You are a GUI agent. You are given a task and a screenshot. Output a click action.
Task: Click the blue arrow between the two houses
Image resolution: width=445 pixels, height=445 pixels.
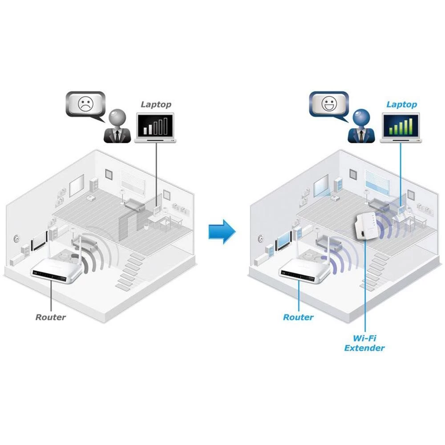pyautogui.click(x=222, y=231)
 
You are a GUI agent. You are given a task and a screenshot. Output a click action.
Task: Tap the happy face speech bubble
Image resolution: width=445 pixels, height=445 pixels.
pyautogui.click(x=330, y=105)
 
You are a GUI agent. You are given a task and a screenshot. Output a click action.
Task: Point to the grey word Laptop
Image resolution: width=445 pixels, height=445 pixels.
pyautogui.click(x=156, y=105)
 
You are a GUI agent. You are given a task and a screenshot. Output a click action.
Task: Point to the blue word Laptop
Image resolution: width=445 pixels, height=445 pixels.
pyautogui.click(x=401, y=105)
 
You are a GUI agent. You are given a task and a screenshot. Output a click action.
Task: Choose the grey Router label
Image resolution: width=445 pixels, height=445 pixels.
pyautogui.click(x=50, y=317)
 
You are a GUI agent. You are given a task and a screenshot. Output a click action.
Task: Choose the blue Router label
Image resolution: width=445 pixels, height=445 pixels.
pyautogui.click(x=298, y=317)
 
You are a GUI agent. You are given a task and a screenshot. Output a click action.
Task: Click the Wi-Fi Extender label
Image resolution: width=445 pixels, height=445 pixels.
pyautogui.click(x=364, y=343)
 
